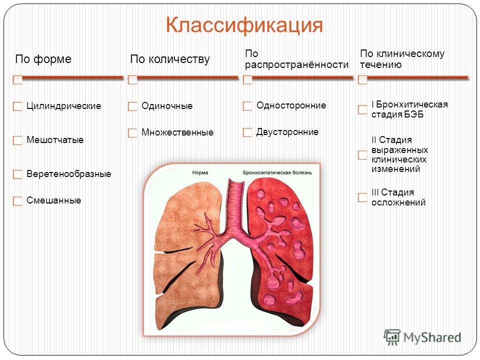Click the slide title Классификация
coord(244,25)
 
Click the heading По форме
coord(43,59)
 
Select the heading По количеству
coord(170,59)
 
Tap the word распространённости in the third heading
coord(296,65)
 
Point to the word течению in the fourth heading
coord(380,64)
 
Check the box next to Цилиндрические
coord(18,106)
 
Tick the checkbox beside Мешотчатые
coord(18,140)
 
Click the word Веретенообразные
coord(69,174)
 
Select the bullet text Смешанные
coord(54,200)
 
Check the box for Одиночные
coord(132,106)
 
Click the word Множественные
coord(177,132)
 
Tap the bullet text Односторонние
coord(291,105)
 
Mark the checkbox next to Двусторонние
coord(247,132)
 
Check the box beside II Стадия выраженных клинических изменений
coord(362,155)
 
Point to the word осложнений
coord(398,202)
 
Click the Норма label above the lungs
coord(200,172)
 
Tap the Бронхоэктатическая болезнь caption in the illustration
coord(277,172)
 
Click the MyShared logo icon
coord(392,337)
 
